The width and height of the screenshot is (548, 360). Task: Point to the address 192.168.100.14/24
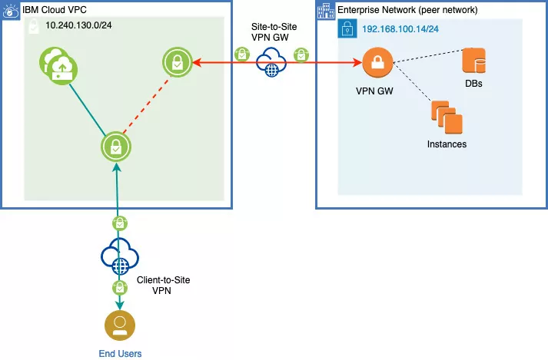pyautogui.click(x=404, y=28)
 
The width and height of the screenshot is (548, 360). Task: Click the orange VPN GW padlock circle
pyautogui.click(x=377, y=64)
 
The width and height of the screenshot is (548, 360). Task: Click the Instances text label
pyautogui.click(x=447, y=144)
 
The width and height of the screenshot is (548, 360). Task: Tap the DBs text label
pyautogui.click(x=473, y=83)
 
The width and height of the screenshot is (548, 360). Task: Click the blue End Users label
pyautogui.click(x=120, y=353)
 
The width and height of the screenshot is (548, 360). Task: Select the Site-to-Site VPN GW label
pyautogui.click(x=274, y=31)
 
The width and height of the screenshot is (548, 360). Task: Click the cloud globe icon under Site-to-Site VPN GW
pyautogui.click(x=271, y=63)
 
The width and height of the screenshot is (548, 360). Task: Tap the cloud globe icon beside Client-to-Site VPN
pyautogui.click(x=118, y=259)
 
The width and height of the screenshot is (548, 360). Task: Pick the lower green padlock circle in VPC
pyautogui.click(x=117, y=147)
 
